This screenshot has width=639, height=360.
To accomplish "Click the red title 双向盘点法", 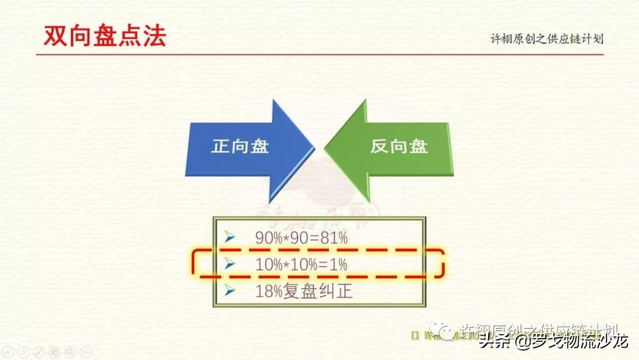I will [105, 36].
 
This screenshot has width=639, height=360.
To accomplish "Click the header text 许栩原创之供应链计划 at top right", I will [547, 39].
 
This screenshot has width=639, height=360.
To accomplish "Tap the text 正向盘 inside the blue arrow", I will [240, 146].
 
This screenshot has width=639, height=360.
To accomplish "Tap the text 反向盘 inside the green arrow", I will [399, 146].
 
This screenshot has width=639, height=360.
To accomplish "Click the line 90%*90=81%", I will [301, 237].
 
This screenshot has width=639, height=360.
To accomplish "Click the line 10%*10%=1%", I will [301, 265].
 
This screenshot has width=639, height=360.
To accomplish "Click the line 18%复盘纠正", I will [304, 292].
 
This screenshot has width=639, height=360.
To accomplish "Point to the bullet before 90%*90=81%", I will [230, 237].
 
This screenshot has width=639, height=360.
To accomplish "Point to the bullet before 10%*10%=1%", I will [230, 265].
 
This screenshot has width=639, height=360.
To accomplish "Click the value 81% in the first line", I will [334, 237].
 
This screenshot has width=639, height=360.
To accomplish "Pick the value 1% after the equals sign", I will [338, 265].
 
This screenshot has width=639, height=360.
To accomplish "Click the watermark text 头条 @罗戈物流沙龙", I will [553, 342].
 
